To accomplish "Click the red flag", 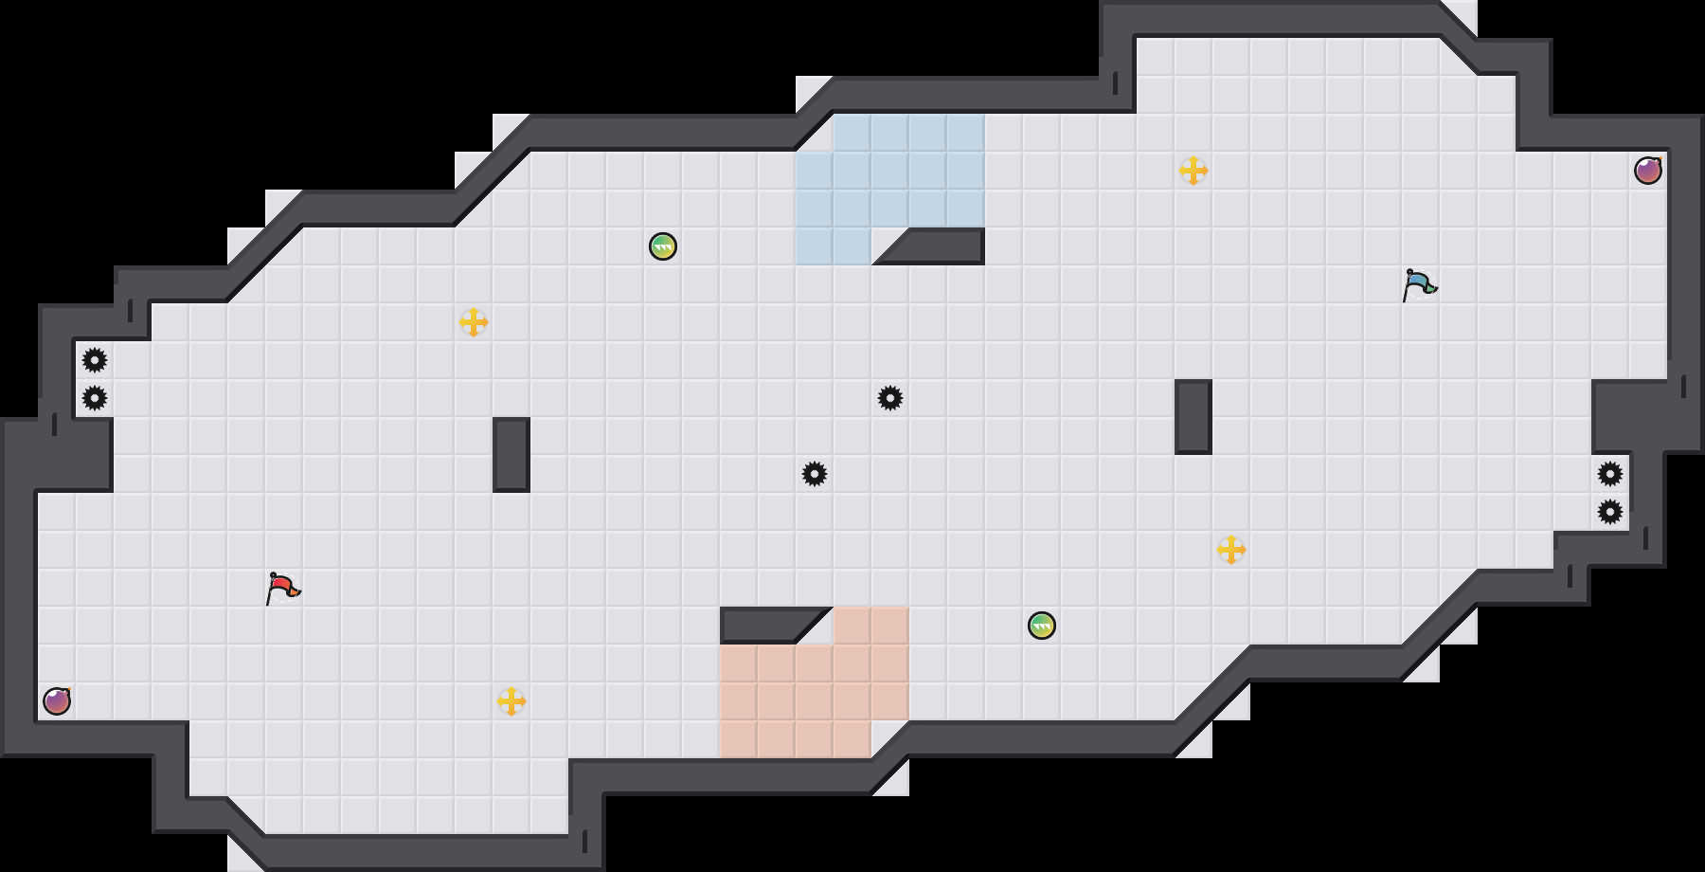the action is pos(282,588).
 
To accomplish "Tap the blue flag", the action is pos(1419,284).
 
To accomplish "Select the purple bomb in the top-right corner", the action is pos(1648,171).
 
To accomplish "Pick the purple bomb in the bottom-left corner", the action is pos(57,701).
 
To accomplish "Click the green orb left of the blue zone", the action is pos(663,246).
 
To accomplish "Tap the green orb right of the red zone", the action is pos(1042,626).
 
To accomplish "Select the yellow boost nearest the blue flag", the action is pos(1193,171).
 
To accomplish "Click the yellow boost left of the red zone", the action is pos(511,701).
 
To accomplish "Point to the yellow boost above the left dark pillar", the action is pos(474,322).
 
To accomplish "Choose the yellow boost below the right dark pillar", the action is pos(1231,550).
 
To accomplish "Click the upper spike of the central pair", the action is pos(890,398).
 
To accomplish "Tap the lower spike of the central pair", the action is pos(815,474).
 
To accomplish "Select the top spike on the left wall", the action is pos(95,360).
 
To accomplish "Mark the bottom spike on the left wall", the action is pos(95,398).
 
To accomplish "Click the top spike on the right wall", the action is pos(1610,474).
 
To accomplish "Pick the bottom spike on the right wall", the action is pos(1610,512).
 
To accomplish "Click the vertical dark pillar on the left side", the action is pos(511,455).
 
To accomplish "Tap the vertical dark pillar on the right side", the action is pos(1193,417).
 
